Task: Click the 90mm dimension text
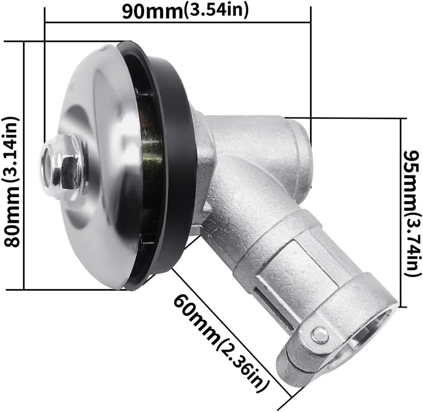coord(152,11)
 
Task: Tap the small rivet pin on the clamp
coord(320,334)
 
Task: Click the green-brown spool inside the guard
coord(151,165)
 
